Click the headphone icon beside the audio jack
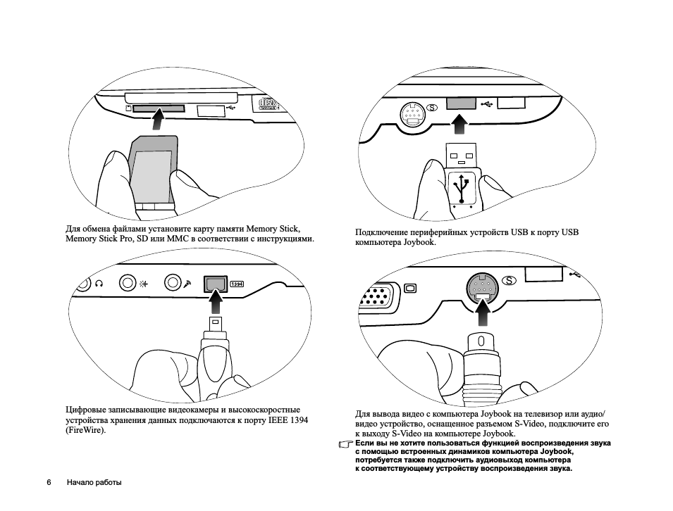pyautogui.click(x=99, y=284)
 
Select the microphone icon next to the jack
pyautogui.click(x=187, y=284)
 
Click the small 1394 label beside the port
pyautogui.click(x=237, y=284)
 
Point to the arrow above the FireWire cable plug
pyautogui.click(x=216, y=302)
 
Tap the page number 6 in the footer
pyautogui.click(x=49, y=483)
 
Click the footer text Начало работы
pyautogui.click(x=94, y=483)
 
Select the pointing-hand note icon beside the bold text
pyautogui.click(x=345, y=445)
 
